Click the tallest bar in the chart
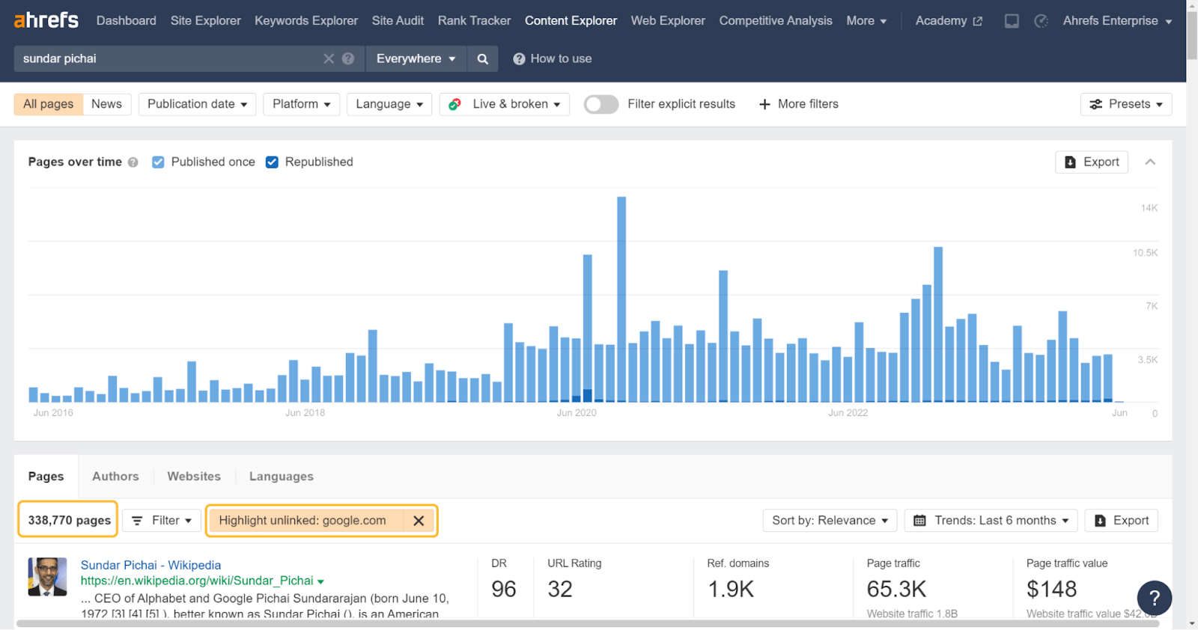pyautogui.click(x=621, y=299)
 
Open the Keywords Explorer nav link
pyautogui.click(x=305, y=21)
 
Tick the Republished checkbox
pyautogui.click(x=272, y=162)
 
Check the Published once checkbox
pyautogui.click(x=158, y=162)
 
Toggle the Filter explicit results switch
pyautogui.click(x=600, y=104)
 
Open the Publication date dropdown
pyautogui.click(x=197, y=104)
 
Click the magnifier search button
pyautogui.click(x=483, y=59)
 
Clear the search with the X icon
pyautogui.click(x=328, y=59)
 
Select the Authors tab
pyautogui.click(x=115, y=477)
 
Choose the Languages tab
pyautogui.click(x=281, y=477)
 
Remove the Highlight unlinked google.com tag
pyautogui.click(x=419, y=521)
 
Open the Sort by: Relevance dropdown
pyautogui.click(x=830, y=521)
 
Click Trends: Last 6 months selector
pyautogui.click(x=991, y=521)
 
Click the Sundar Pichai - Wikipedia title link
pyautogui.click(x=150, y=565)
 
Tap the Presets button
pyautogui.click(x=1125, y=104)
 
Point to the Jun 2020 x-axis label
pyautogui.click(x=577, y=413)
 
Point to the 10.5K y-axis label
pyautogui.click(x=1145, y=253)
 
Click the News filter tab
pyautogui.click(x=106, y=104)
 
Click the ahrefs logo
pyautogui.click(x=46, y=20)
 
